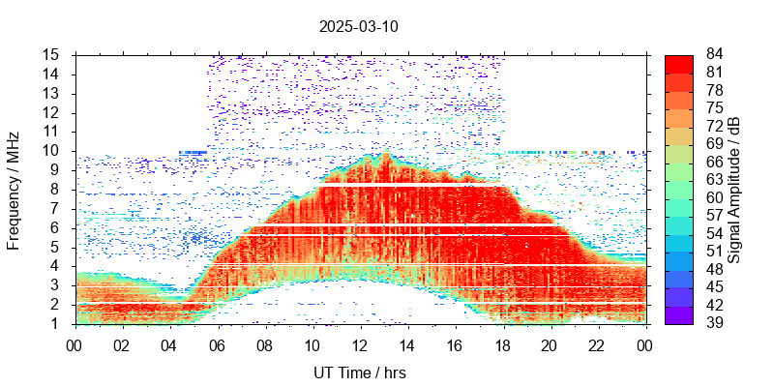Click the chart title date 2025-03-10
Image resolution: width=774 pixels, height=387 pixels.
tap(358, 26)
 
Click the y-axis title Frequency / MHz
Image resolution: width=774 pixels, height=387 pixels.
tap(15, 189)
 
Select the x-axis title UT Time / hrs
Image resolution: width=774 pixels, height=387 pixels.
tap(360, 372)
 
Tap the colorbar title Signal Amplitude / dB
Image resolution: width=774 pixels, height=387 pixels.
tap(735, 189)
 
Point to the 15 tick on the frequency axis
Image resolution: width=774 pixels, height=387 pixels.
tap(52, 54)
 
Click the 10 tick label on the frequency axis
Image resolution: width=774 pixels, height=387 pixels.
tap(52, 150)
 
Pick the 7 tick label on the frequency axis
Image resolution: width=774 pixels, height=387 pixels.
tap(56, 208)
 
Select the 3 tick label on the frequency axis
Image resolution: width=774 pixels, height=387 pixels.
tap(56, 284)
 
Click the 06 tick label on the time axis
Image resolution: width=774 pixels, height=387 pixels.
tap(218, 343)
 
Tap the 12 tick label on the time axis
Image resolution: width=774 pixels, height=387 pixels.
tap(360, 343)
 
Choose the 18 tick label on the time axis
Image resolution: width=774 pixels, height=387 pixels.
tap(502, 343)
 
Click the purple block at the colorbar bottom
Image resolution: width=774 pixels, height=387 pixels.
tap(679, 314)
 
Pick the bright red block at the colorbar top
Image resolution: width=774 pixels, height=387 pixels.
tap(679, 64)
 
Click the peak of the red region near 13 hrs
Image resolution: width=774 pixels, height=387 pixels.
tap(385, 155)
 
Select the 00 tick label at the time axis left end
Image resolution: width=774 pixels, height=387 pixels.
tap(75, 343)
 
